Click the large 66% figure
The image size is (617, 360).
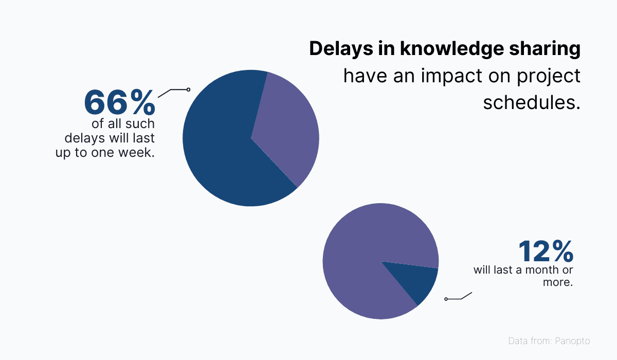(119, 102)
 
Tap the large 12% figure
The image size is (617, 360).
(545, 251)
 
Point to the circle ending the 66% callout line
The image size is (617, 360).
(188, 89)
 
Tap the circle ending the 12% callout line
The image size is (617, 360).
(446, 299)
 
